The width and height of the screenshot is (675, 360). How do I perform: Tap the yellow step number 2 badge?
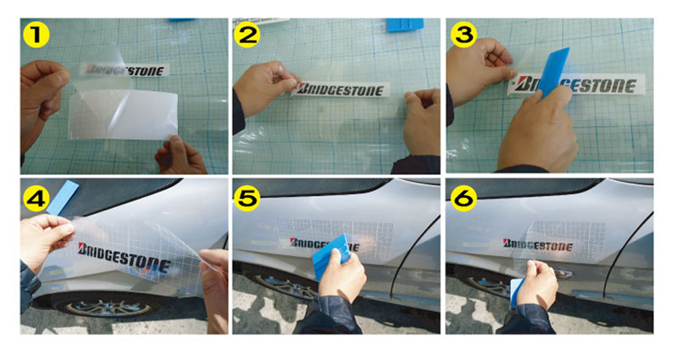(x=248, y=35)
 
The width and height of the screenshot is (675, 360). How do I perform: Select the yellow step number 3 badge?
(x=463, y=35)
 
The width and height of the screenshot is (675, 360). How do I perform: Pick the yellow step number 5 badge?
(x=248, y=197)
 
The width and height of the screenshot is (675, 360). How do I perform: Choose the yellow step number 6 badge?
(x=463, y=197)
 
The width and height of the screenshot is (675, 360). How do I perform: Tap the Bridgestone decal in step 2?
(x=341, y=89)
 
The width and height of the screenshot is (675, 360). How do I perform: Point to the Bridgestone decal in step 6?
(x=537, y=245)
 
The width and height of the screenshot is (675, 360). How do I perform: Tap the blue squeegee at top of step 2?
(x=404, y=24)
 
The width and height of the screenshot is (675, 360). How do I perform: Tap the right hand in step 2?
(x=422, y=122)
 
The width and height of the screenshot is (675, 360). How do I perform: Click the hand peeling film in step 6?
(x=537, y=284)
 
